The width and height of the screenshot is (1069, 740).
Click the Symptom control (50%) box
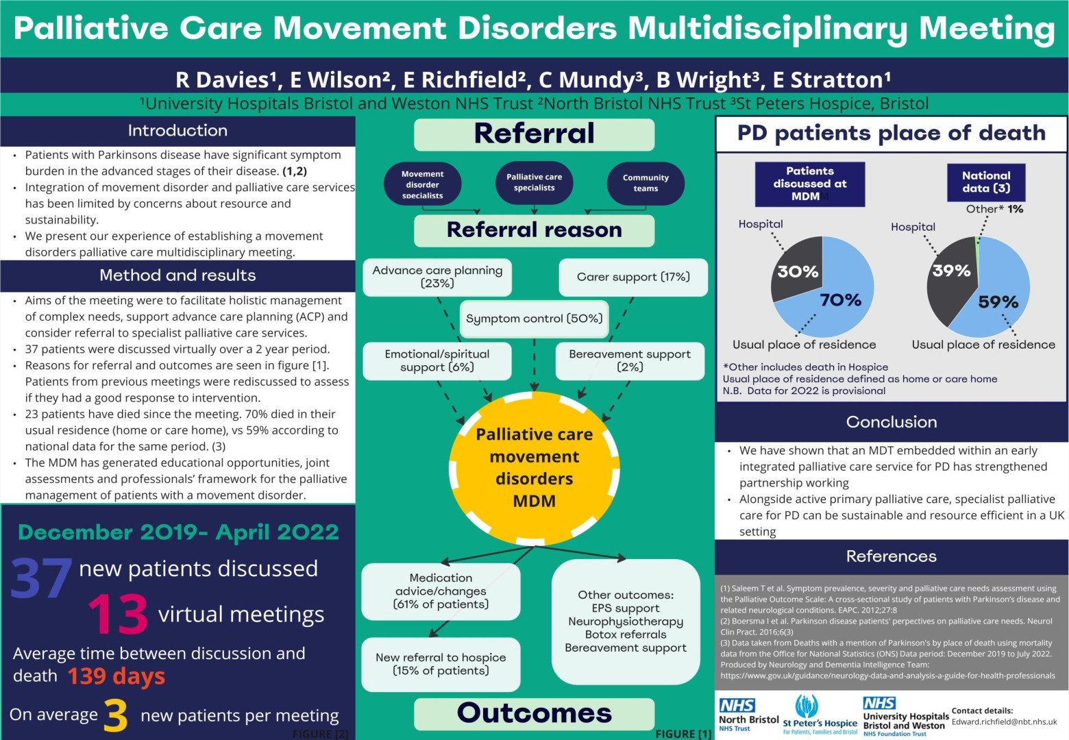coord(534,319)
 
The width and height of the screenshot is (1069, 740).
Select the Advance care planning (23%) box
coord(437,277)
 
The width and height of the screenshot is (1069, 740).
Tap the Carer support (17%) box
coord(633,277)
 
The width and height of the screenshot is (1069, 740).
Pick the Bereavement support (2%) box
coord(630,360)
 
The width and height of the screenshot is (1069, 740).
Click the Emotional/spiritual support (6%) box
coord(437,360)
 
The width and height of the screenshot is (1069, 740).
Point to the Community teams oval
coord(646,183)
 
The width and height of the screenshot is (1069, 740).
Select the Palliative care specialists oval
coord(534,182)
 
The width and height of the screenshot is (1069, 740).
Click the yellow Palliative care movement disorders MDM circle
coord(534,468)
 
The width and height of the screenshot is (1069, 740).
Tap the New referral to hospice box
coord(441,664)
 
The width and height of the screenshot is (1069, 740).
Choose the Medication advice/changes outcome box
coord(441,591)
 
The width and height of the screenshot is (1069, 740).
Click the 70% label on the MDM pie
coord(840,300)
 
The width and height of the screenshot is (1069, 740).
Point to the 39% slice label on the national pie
coord(951,271)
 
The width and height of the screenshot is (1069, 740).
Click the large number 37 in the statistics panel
coord(41,578)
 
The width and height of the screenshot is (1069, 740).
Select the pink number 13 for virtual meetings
coord(118,615)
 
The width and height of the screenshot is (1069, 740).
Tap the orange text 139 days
coord(116,676)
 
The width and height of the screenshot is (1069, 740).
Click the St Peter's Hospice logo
coord(820,715)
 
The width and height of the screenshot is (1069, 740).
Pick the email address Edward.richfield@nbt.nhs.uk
coord(1004,721)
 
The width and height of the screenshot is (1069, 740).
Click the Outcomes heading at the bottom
coord(534,713)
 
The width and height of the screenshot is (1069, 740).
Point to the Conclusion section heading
coord(891,422)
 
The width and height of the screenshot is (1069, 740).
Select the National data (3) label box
coord(985,182)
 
